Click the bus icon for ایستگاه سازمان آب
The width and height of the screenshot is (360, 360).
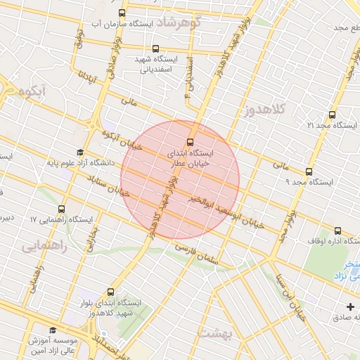(122, 13)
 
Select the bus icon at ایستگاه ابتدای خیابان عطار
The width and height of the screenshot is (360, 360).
(191, 141)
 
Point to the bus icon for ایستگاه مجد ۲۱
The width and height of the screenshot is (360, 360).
(332, 115)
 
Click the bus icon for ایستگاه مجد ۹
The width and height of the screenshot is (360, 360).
(309, 172)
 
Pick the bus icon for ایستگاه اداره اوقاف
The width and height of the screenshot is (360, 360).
(338, 230)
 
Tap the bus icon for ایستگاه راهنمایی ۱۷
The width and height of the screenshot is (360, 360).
(61, 209)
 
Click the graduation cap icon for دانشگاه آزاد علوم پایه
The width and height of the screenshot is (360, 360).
(79, 153)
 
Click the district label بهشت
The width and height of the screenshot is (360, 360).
(215, 333)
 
